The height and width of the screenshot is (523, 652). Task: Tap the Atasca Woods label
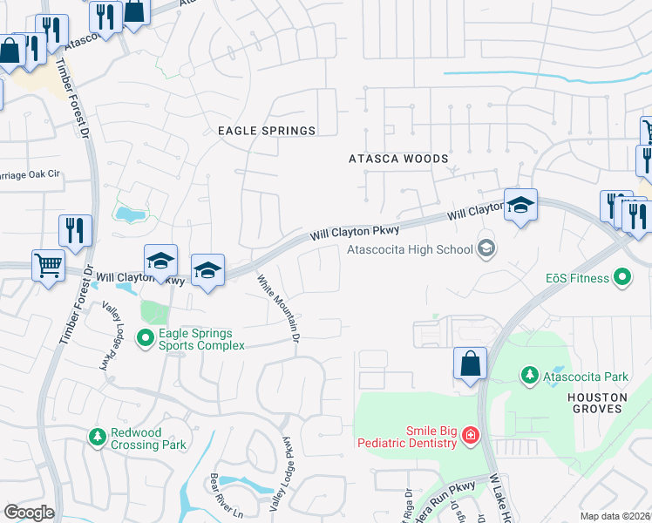pos(398,160)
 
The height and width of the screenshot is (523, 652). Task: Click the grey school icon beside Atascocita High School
pos(486,249)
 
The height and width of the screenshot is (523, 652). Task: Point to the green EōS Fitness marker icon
pos(621,278)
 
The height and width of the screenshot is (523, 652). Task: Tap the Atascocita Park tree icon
pos(529,376)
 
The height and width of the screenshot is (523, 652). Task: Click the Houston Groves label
pos(597,402)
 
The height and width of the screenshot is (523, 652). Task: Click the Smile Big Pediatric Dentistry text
pos(407,437)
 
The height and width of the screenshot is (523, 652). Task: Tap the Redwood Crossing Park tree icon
pos(98,436)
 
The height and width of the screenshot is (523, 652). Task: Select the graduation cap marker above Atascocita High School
pos(520,206)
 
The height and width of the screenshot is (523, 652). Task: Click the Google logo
pos(29,513)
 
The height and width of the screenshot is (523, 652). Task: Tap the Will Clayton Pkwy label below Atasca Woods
pos(355,233)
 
